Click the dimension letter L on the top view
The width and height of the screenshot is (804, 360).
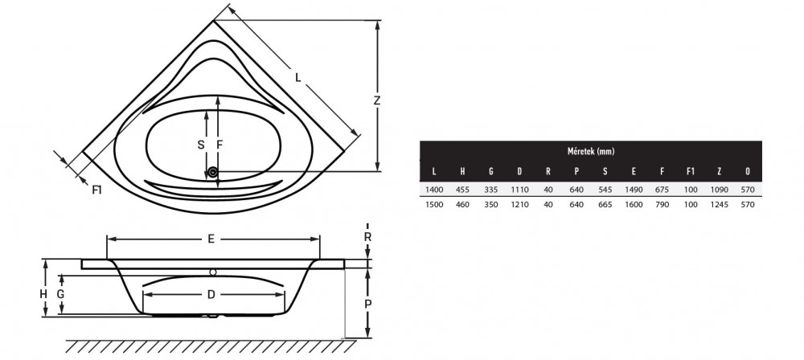pyautogui.click(x=298, y=78)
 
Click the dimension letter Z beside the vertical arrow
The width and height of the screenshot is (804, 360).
pyautogui.click(x=377, y=101)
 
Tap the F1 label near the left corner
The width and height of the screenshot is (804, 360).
pyautogui.click(x=97, y=190)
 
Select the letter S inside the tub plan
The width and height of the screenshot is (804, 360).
pyautogui.click(x=201, y=145)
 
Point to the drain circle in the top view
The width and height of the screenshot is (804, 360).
pyautogui.click(x=213, y=173)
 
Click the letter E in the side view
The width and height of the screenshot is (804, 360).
pyautogui.click(x=211, y=239)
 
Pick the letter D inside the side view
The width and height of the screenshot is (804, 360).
pyautogui.click(x=211, y=294)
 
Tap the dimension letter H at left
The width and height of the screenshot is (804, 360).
pyautogui.click(x=43, y=294)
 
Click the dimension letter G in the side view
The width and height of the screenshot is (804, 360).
pyautogui.click(x=60, y=294)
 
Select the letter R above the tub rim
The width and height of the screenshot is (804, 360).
pyautogui.click(x=367, y=237)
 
